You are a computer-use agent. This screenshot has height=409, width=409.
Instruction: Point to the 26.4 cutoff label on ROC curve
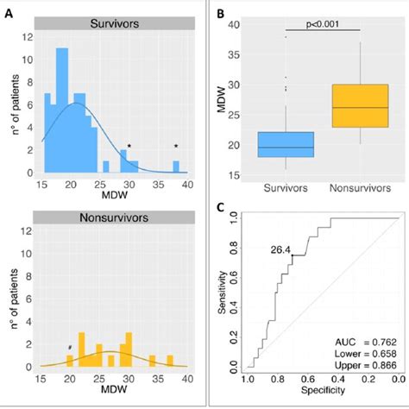280,251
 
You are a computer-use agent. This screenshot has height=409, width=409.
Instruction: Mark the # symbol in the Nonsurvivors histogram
69,348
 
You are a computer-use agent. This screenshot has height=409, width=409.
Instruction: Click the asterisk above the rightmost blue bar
176,146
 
